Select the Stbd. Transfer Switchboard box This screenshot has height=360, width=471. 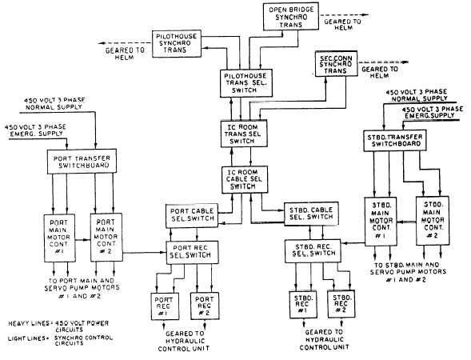tap(391, 142)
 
